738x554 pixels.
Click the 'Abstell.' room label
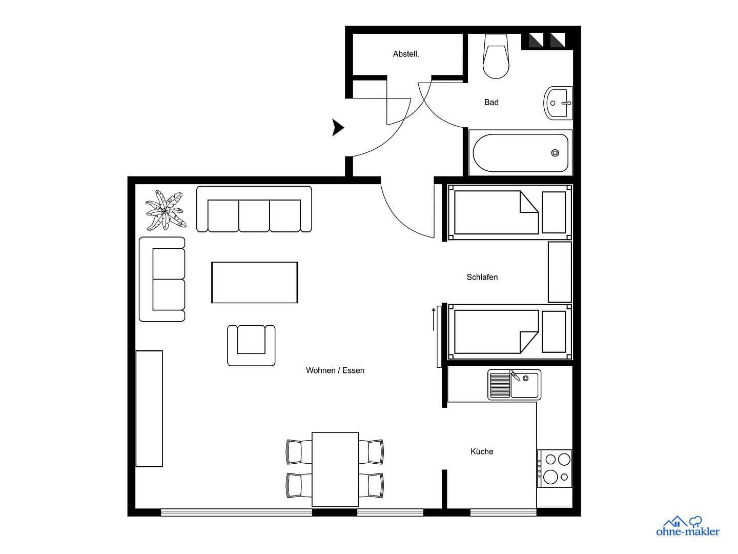point(406,54)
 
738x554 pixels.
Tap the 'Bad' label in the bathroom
point(491,102)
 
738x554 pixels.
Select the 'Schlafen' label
point(482,277)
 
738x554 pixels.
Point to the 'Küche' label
point(482,451)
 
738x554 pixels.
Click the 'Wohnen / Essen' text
point(335,370)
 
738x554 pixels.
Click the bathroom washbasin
point(558,103)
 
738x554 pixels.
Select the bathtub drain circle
point(555,153)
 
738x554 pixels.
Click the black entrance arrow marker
point(338,127)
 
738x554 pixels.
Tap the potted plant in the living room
point(164,210)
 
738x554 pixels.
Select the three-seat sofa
point(254,210)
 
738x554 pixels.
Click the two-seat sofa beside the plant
point(162,280)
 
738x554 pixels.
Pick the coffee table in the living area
point(255,282)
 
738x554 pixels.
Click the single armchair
point(251,345)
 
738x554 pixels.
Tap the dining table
point(335,469)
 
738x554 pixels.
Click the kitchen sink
point(514,385)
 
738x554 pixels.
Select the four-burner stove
point(556,468)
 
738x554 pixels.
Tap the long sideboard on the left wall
point(149,408)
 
